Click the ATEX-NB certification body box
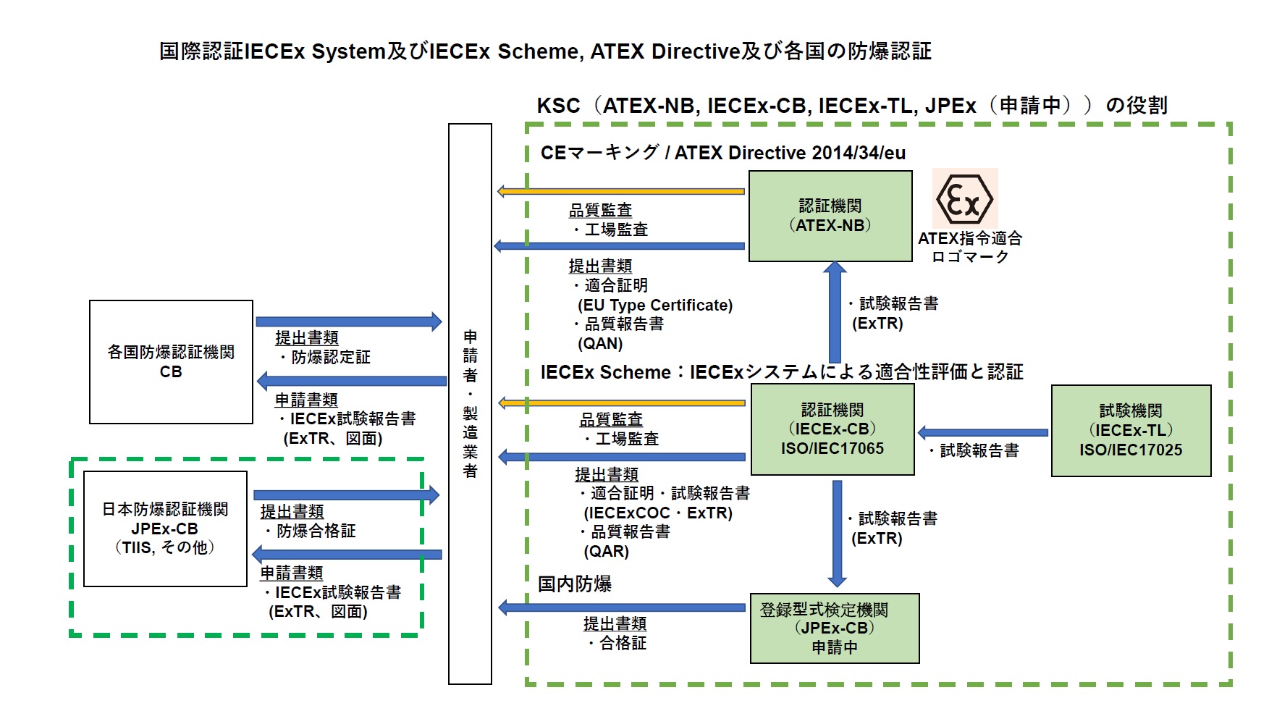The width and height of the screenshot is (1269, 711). tap(830, 216)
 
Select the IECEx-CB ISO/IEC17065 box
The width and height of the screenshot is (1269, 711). tap(832, 429)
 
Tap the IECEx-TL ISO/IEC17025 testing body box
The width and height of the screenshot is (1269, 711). tap(1130, 431)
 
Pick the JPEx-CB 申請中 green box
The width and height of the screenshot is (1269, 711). tap(834, 628)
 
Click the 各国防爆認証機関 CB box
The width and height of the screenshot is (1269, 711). tap(171, 361)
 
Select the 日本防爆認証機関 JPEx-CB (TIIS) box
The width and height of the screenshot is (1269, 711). tap(165, 529)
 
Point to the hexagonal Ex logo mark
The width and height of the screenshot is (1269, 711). tap(964, 199)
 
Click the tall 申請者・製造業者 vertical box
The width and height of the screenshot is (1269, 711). tap(470, 403)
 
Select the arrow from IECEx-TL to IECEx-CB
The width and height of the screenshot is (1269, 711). tap(982, 433)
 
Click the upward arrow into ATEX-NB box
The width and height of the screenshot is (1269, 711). tap(835, 311)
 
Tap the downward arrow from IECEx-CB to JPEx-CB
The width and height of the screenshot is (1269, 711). tap(837, 533)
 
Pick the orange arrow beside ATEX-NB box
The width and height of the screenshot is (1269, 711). tap(620, 192)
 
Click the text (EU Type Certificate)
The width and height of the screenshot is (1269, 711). tap(655, 306)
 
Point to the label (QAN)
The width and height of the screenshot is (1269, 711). tap(600, 344)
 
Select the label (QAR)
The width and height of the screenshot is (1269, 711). tap(607, 552)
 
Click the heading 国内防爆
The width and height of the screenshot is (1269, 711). tap(575, 584)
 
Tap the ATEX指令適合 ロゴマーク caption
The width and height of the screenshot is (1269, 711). tap(970, 248)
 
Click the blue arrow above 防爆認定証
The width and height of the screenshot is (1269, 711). tap(348, 321)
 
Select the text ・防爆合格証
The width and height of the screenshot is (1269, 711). tap(309, 531)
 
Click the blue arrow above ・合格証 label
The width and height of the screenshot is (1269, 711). tap(622, 607)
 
